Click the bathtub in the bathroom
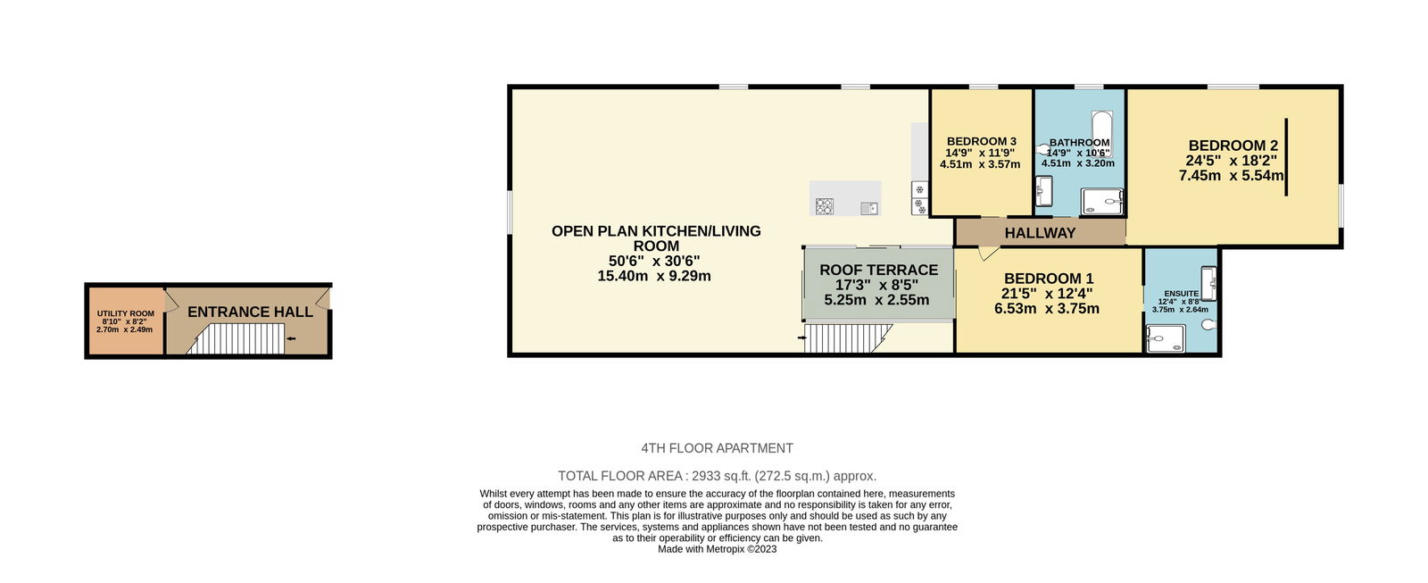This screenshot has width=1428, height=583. [1101, 133]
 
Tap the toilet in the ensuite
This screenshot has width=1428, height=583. [1208, 325]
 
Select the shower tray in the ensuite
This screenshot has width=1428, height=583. [1166, 338]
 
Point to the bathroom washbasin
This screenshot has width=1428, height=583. [1043, 191]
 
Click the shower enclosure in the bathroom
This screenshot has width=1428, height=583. [1101, 201]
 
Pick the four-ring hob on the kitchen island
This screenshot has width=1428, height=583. [825, 206]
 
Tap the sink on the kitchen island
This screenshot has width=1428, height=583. [869, 208]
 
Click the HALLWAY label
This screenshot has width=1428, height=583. [1040, 233]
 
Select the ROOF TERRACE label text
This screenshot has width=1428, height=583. [878, 270]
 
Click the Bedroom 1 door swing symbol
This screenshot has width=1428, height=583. [988, 254]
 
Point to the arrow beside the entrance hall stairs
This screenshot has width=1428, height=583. [291, 338]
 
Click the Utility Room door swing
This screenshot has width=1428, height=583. [170, 301]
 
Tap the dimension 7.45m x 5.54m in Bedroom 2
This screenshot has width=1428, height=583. [1231, 175]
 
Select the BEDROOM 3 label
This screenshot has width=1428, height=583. [981, 142]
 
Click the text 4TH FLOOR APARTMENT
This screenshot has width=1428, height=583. [718, 448]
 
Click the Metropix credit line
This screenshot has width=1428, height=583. [718, 549]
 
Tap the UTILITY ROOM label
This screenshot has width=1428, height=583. [126, 314]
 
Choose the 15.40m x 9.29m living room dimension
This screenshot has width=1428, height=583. [654, 276]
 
